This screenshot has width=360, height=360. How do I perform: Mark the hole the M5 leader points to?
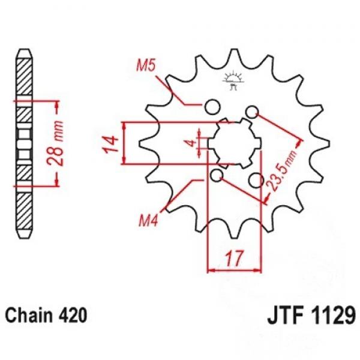(x=211, y=107)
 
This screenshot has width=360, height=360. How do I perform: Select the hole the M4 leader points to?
(x=217, y=176)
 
